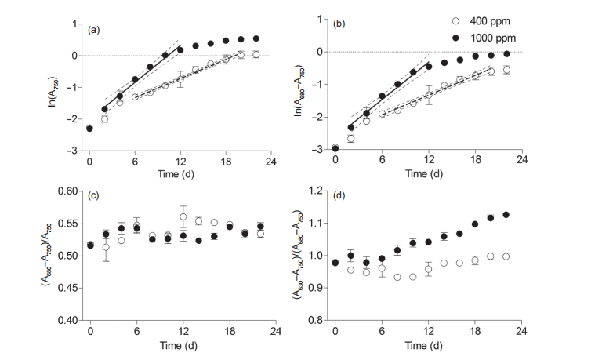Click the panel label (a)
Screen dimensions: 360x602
pyautogui.click(x=94, y=31)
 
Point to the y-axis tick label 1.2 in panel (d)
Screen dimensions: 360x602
pyautogui.click(x=319, y=191)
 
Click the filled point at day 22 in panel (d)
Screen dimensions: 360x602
pyautogui.click(x=506, y=215)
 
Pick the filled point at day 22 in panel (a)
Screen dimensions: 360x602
pyautogui.click(x=256, y=38)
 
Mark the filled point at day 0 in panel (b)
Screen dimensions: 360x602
pyautogui.click(x=335, y=147)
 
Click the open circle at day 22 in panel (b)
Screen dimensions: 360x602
pyautogui.click(x=506, y=70)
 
